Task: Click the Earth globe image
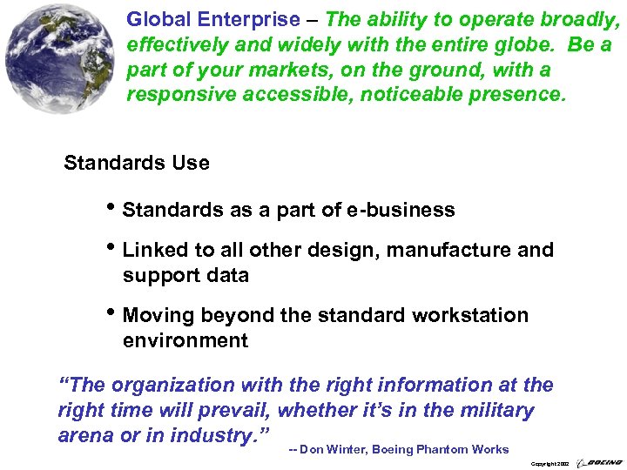(60, 58)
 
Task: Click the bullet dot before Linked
(113, 249)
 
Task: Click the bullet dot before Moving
(113, 314)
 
